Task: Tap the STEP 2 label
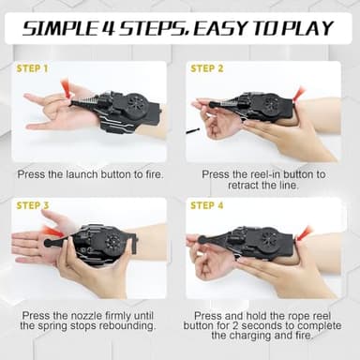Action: tap(208, 68)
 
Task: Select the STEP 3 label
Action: tap(35, 204)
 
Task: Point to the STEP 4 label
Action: tap(208, 204)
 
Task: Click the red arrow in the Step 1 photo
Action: tap(65, 88)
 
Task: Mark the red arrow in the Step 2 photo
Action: tap(298, 94)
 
